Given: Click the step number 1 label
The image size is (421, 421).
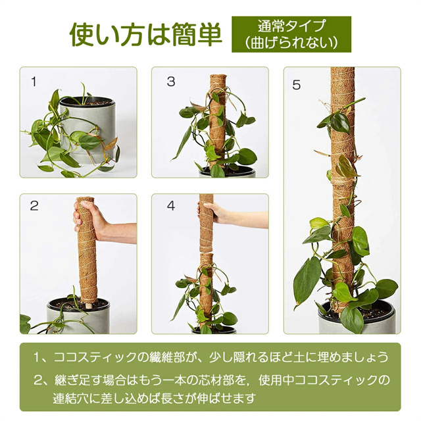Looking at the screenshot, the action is [x=34, y=82].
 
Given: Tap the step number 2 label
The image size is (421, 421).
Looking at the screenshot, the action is [x=34, y=206].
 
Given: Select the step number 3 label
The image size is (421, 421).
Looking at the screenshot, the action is [x=171, y=82].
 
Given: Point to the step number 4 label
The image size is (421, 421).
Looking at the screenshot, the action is [x=171, y=206].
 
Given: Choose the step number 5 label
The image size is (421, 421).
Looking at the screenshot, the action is [x=297, y=85].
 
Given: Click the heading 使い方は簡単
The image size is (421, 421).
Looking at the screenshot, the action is [x=146, y=35].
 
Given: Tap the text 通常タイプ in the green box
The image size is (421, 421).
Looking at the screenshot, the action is [x=291, y=26].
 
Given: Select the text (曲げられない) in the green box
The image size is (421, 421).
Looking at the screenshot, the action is [x=291, y=43].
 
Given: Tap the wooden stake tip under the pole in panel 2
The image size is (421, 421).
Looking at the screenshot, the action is [x=87, y=305].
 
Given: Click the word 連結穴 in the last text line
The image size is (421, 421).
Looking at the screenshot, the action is [x=69, y=399].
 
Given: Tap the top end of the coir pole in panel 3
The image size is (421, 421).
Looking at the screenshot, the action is [x=218, y=76].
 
